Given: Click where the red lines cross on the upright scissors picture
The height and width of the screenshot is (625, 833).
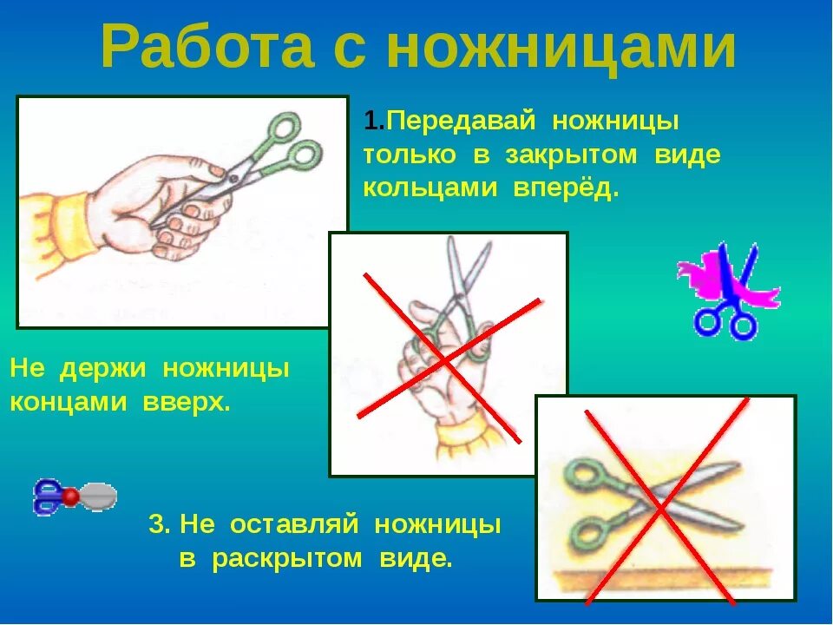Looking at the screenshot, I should tap(445, 357).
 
